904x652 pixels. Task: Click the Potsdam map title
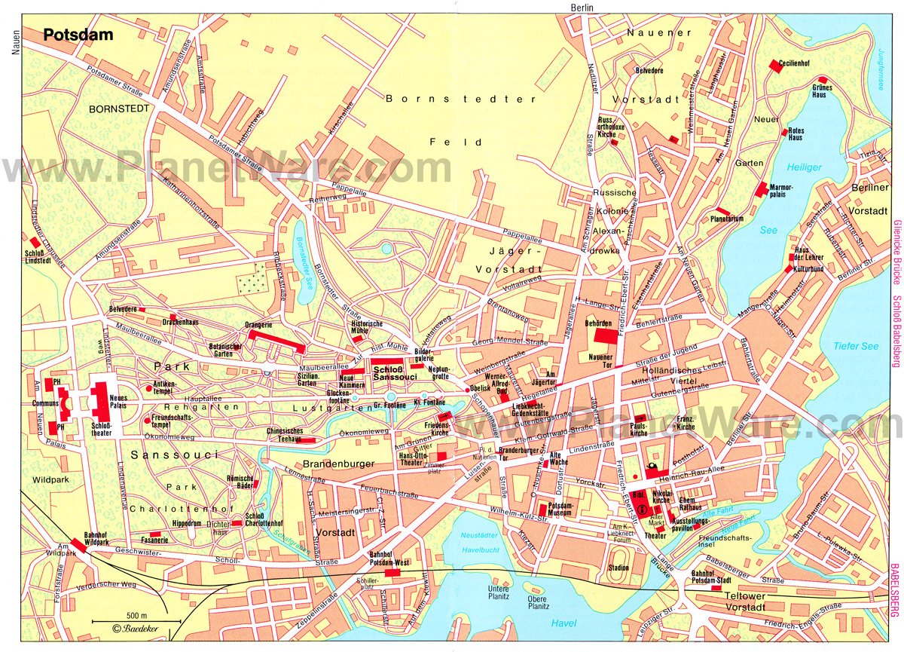pyautogui.click(x=67, y=35)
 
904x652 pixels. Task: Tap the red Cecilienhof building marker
pyautogui.click(x=774, y=66)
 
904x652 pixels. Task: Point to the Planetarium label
pyautogui.click(x=726, y=219)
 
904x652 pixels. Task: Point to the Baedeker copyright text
pyautogui.click(x=136, y=630)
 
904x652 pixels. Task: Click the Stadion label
pyautogui.click(x=618, y=568)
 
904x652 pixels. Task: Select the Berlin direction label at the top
pyautogui.click(x=582, y=7)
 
